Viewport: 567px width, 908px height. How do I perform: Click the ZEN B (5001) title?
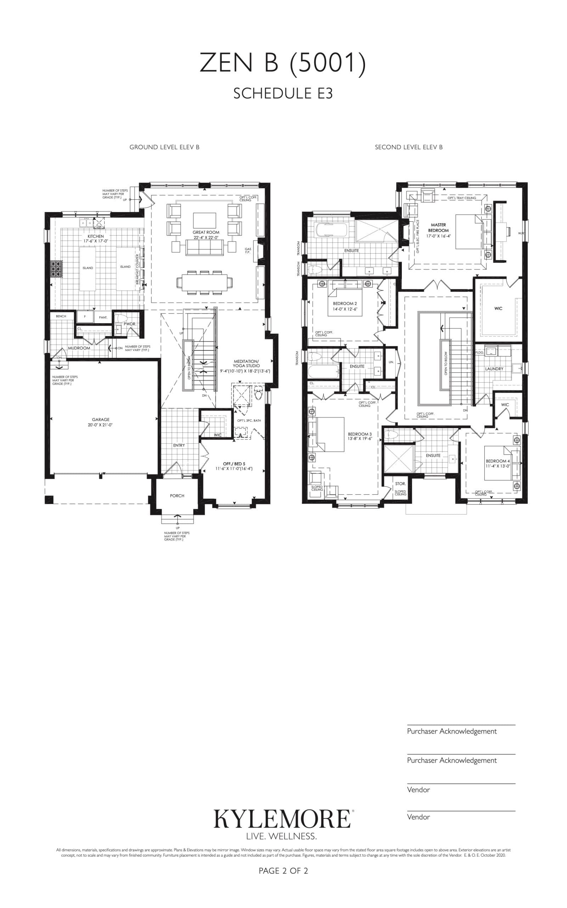283,63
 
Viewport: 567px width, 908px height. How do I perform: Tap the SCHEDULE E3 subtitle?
283,93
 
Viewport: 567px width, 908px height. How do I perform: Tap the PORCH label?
177,495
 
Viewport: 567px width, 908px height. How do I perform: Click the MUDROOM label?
79,348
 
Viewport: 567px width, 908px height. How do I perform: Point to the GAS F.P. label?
248,251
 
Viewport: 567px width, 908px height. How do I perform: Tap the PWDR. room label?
130,324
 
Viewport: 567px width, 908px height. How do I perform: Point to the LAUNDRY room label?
494,369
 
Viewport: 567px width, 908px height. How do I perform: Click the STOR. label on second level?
400,484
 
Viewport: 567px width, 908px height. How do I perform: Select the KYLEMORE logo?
282,819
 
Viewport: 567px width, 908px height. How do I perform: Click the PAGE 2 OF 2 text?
283,871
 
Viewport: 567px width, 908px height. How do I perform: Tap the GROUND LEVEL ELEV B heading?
164,147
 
